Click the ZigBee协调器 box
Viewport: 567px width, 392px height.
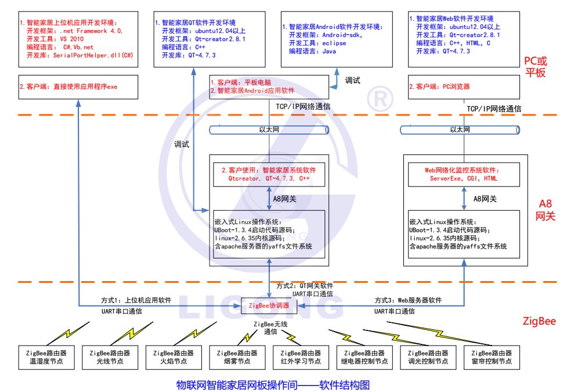(x=269, y=304)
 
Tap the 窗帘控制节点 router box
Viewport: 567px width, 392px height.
(x=492, y=357)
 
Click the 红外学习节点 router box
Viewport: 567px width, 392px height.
(x=301, y=357)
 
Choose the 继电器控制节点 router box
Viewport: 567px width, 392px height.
(x=364, y=357)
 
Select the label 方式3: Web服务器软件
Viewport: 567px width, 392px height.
(x=408, y=300)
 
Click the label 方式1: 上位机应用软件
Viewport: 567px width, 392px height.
(x=136, y=300)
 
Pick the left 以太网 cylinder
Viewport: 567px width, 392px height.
(x=269, y=130)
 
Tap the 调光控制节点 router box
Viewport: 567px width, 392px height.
(x=428, y=357)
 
